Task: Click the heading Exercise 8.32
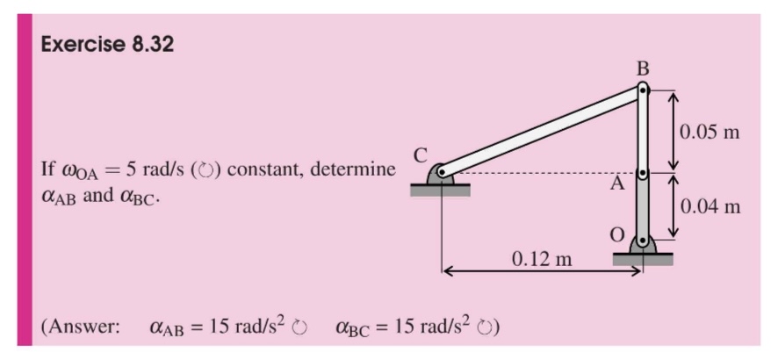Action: pyautogui.click(x=107, y=44)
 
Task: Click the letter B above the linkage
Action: pyautogui.click(x=643, y=68)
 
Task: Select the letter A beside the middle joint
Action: pyautogui.click(x=618, y=184)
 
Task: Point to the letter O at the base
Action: pyautogui.click(x=618, y=234)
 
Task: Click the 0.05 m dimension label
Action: pyautogui.click(x=710, y=133)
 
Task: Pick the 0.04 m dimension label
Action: pyautogui.click(x=710, y=207)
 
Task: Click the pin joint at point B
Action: pyautogui.click(x=644, y=88)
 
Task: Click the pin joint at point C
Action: pyautogui.click(x=442, y=172)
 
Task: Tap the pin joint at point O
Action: pyautogui.click(x=644, y=239)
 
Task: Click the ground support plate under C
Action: pyautogui.click(x=440, y=190)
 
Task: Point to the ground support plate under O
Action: pyautogui.click(x=643, y=258)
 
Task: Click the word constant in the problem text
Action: pyautogui.click(x=269, y=169)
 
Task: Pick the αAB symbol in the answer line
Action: pyautogui.click(x=168, y=329)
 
